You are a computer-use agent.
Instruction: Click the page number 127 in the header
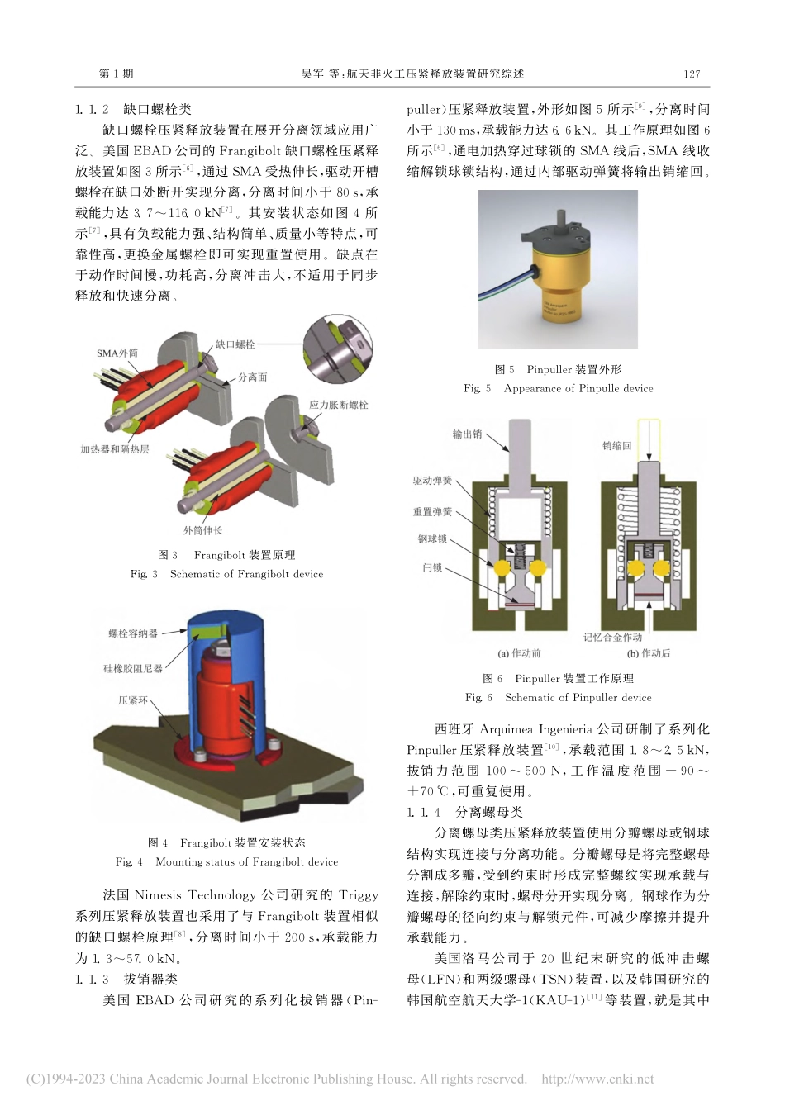pos(692,74)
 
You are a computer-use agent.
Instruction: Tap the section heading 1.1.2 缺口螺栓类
pos(133,109)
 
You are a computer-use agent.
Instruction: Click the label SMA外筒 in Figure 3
pos(117,353)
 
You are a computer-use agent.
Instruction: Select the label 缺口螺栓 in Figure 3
pos(235,344)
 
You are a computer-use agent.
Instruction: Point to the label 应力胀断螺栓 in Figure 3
pos(339,405)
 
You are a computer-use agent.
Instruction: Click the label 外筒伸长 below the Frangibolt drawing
pos(202,530)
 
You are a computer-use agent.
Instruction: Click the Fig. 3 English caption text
pos(226,574)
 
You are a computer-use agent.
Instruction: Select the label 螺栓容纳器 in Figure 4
pos(133,633)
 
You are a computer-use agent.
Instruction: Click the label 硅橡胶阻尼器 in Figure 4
pos(132,668)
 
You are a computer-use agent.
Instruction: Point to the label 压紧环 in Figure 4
pos(133,700)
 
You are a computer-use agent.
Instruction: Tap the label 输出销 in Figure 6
pos(467,434)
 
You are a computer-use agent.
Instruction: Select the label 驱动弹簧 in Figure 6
pos(433,481)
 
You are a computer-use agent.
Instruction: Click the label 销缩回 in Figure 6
pos(616,446)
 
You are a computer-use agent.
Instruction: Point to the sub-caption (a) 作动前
pos(519,653)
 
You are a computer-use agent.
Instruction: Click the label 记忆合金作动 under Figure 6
pos(612,638)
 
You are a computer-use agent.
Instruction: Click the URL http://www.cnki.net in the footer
pos(597,1079)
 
